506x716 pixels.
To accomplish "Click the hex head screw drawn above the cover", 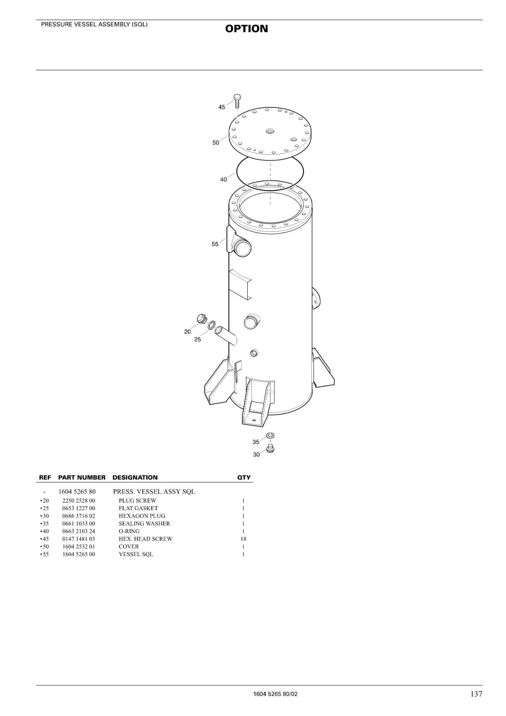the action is point(237,101).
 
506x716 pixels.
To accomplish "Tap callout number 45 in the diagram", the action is point(222,107).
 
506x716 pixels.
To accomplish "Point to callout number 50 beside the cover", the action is point(216,143).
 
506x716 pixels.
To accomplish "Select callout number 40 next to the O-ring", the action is point(223,179).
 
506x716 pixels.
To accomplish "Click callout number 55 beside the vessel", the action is point(215,244).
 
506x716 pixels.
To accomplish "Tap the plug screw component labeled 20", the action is point(201,319).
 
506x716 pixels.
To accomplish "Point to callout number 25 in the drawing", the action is point(197,340).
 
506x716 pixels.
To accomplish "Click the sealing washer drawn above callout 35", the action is point(270,436).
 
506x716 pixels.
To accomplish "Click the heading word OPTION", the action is point(247,29).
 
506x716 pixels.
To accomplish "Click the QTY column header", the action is point(244,477).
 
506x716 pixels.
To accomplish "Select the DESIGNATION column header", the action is point(135,477).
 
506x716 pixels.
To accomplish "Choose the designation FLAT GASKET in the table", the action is point(138,508).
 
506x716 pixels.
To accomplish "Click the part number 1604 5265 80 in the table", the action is point(77,492).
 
